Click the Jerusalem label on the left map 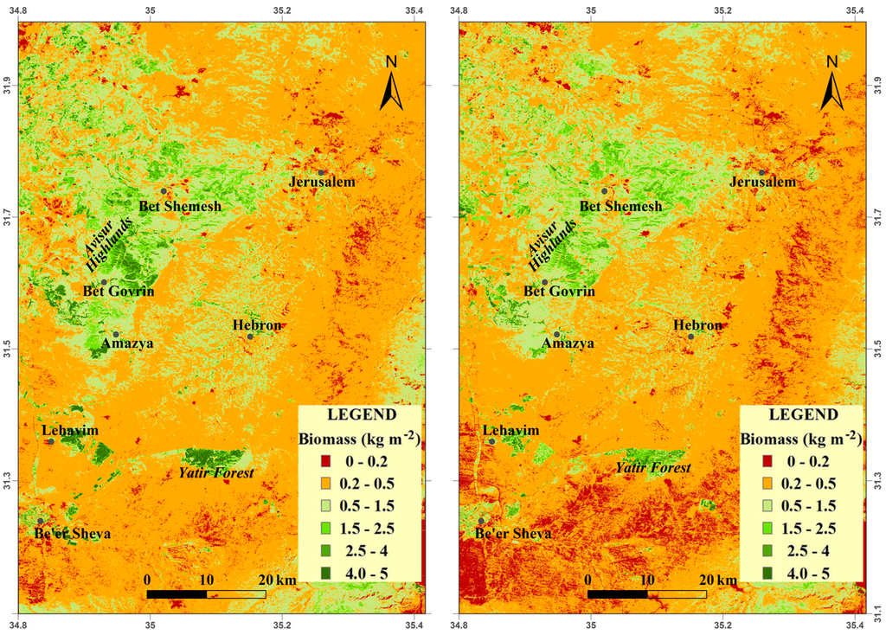[x=322, y=183]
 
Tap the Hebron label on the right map [x=698, y=325]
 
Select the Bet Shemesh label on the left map [x=180, y=206]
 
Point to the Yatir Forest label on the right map [x=652, y=468]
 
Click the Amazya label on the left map [x=127, y=343]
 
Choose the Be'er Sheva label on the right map [x=514, y=534]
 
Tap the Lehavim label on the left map [x=70, y=431]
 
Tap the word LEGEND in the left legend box [x=360, y=414]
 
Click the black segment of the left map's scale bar [x=177, y=593]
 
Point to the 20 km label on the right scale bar [x=718, y=579]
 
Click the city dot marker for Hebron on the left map [x=250, y=337]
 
